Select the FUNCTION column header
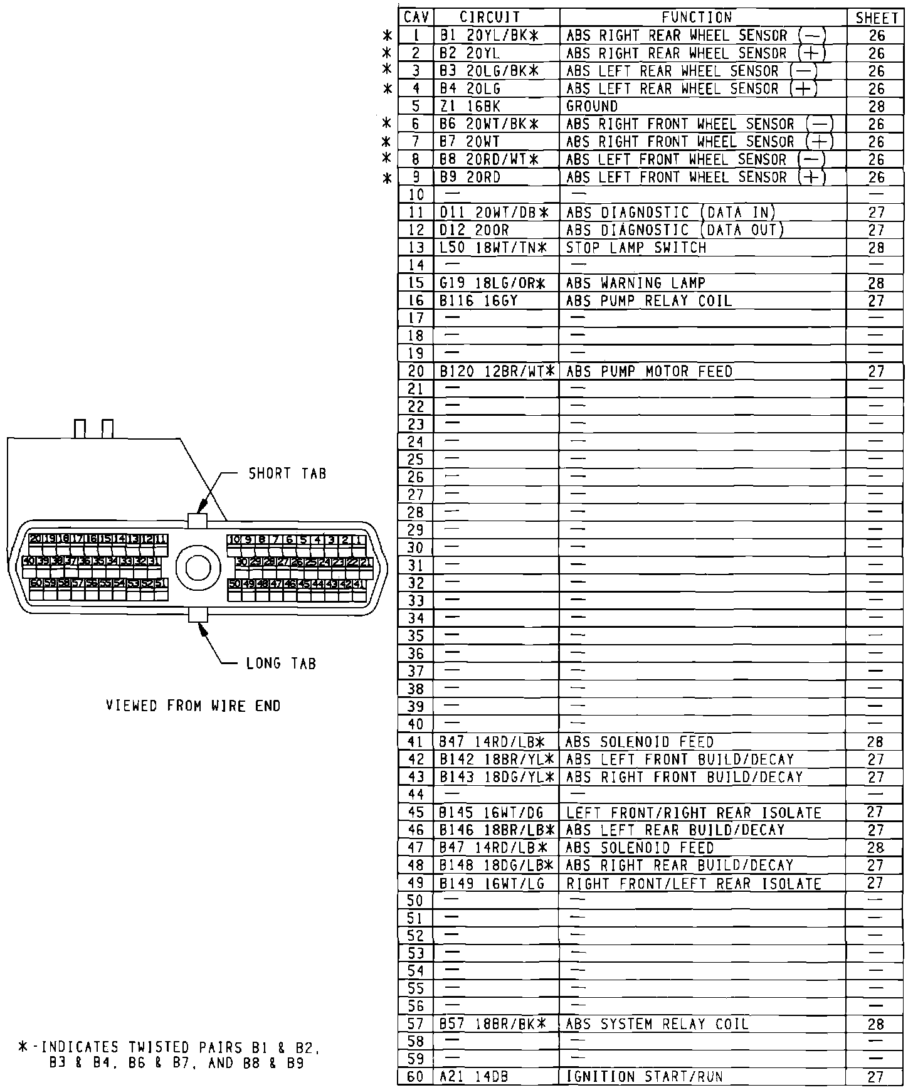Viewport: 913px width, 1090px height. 697,18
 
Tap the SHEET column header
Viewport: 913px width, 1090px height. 876,18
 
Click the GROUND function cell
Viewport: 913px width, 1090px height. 591,106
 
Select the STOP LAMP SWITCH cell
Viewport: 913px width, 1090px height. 636,248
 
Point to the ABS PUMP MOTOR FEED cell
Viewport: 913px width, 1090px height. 649,372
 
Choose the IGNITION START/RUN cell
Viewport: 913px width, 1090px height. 644,1077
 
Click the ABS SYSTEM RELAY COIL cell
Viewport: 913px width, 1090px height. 657,1024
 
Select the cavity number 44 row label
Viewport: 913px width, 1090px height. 416,795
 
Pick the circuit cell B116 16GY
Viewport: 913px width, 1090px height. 478,301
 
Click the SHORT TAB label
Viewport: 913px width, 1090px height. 287,474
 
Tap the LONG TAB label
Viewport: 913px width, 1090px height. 281,664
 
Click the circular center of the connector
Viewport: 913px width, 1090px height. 198,568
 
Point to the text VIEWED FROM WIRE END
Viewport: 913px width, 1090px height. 193,706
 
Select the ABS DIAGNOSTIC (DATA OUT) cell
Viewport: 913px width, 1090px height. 675,230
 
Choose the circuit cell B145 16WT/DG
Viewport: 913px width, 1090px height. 492,813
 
